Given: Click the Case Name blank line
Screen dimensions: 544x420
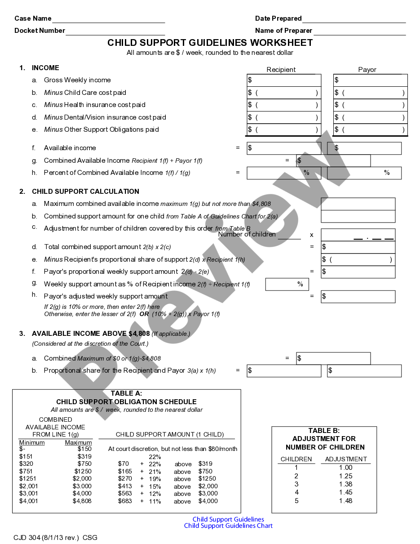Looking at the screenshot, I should pyautogui.click(x=108, y=19).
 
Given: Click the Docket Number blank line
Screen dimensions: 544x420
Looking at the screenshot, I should pyautogui.click(x=115, y=31).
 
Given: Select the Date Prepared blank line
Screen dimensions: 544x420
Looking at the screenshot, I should pyautogui.click(x=354, y=19).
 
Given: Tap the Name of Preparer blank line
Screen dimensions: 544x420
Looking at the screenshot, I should pyautogui.click(x=359, y=31).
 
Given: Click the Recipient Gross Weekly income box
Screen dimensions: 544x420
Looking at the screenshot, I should pyautogui.click(x=284, y=80).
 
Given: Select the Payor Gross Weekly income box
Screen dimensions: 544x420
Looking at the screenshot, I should pyautogui.click(x=370, y=80).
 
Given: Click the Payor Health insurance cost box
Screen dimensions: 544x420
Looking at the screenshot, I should pyautogui.click(x=370, y=105).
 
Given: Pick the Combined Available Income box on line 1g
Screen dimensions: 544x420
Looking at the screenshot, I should pyautogui.click(x=333, y=161).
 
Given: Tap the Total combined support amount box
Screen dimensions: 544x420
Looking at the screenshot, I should pyautogui.click(x=358, y=247).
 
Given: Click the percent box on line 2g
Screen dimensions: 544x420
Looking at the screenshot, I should pyautogui.click(x=287, y=284).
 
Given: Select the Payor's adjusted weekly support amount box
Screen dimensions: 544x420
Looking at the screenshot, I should pyautogui.click(x=358, y=296).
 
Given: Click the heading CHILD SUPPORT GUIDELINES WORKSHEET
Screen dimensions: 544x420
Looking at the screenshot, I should pyautogui.click(x=210, y=43).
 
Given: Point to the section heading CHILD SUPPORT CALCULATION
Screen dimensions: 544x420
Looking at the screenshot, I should pyautogui.click(x=85, y=192).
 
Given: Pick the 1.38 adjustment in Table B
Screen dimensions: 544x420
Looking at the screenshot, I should pyautogui.click(x=345, y=484).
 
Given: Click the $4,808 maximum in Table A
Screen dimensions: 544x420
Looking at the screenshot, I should pyautogui.click(x=82, y=501).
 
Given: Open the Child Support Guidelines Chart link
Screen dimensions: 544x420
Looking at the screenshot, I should pyautogui.click(x=228, y=526).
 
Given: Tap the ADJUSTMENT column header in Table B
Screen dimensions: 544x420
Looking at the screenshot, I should pyautogui.click(x=346, y=459).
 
